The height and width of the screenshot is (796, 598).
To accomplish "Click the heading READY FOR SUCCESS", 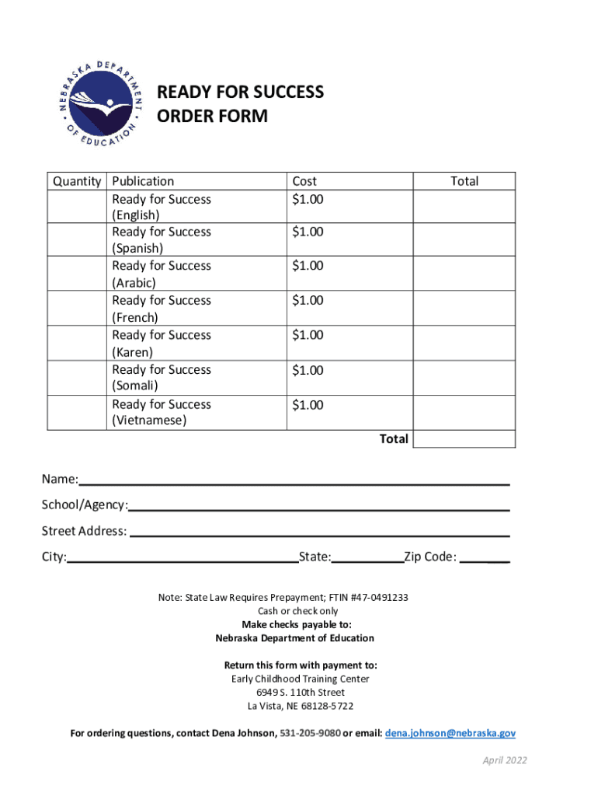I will pos(240,93).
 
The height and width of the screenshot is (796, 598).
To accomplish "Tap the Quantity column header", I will pos(77,181).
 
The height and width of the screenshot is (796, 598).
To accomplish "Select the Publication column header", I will pos(143,181).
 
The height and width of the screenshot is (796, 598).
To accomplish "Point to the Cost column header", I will pos(304,181).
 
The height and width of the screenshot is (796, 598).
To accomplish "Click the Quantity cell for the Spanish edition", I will pos(77,239).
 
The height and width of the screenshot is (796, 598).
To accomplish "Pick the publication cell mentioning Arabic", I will pos(162,274).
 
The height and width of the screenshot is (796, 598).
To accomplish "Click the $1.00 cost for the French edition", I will pos(308,300).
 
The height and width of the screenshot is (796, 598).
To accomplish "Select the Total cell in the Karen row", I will pos(464,343).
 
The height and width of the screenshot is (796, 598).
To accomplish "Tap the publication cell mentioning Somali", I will pos(162,377).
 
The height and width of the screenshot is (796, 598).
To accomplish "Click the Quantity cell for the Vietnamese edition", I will pos(77,412).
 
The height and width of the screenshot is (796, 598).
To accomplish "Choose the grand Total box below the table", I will pos(464,439).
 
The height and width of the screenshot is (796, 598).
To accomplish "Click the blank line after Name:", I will pos(294,480).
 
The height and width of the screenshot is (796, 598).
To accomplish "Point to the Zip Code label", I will pos(429,557).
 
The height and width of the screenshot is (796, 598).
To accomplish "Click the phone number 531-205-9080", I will pos(310,733).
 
